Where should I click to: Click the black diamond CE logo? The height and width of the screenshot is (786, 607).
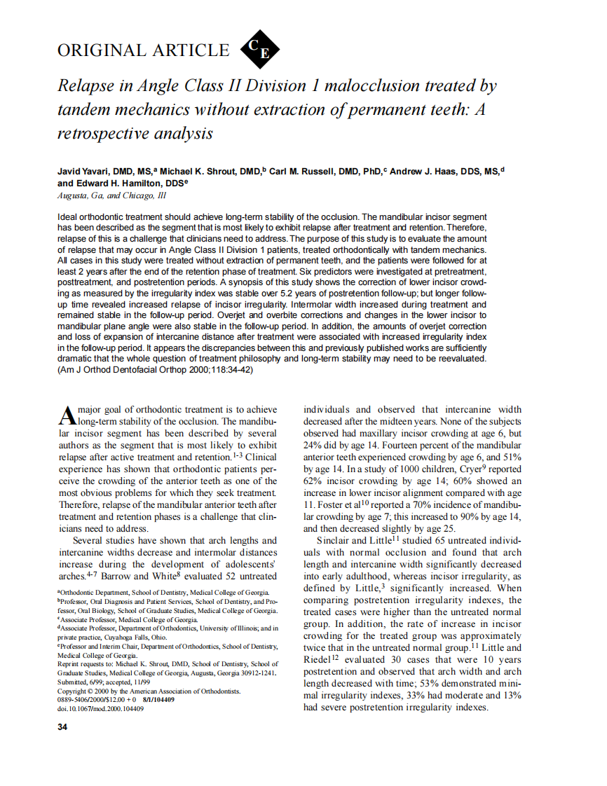(259, 49)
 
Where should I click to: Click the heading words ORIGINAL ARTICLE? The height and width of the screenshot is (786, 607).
(143, 50)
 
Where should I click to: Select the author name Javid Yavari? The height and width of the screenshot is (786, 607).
(82, 171)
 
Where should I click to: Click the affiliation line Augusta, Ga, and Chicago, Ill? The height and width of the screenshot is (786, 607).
(111, 195)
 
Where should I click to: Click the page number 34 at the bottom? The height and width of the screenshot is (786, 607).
(62, 726)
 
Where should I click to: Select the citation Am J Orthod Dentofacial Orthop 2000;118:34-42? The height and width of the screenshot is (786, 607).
(155, 370)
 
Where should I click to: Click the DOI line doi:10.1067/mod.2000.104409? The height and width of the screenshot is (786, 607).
(100, 708)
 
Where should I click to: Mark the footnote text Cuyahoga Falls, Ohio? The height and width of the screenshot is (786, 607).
(123, 637)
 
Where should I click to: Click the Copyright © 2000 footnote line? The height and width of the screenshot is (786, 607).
(149, 691)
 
